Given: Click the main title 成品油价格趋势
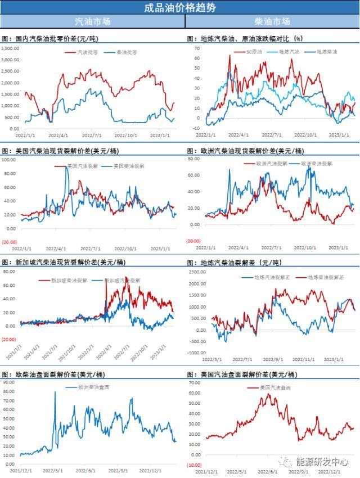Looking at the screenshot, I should [179, 7].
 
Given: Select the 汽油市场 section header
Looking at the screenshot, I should [93, 21].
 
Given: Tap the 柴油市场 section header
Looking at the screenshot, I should [272, 21].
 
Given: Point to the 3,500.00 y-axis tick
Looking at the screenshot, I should [10, 48].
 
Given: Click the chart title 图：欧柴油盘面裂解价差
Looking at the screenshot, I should [51, 374].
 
